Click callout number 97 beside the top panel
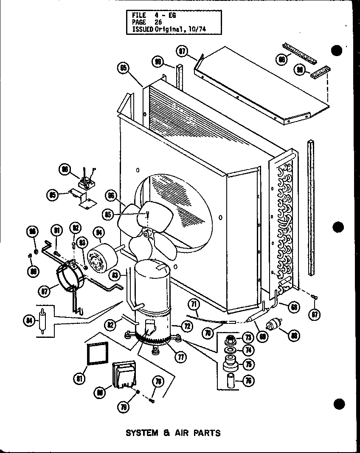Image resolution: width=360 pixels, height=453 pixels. tap(182, 51)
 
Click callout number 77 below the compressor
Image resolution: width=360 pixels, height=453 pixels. tap(181, 357)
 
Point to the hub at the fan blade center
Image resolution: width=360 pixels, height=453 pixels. tap(147, 234)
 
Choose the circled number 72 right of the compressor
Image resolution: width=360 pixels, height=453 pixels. tap(187, 326)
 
